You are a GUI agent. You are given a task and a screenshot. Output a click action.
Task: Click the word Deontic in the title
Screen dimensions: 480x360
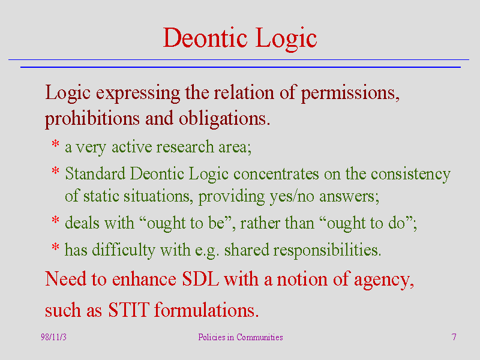pos(205,38)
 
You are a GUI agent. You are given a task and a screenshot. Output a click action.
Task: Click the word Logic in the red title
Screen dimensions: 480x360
pos(286,39)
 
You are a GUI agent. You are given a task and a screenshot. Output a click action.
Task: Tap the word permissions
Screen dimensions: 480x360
pos(350,93)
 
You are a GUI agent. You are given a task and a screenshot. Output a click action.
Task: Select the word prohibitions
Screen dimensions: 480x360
pos(92,118)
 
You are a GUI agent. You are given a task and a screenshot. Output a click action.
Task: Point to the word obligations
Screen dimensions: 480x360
pos(224,119)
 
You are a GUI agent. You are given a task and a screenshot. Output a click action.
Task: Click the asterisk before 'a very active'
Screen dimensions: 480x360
pos(55,143)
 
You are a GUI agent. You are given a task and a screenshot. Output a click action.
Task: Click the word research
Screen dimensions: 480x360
pos(185,146)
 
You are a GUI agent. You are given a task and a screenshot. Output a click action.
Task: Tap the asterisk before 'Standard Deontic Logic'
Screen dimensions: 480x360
pos(55,170)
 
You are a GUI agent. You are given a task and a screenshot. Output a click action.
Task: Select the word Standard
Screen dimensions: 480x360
pos(95,173)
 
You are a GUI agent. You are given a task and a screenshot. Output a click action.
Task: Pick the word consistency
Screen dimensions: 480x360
pos(410,175)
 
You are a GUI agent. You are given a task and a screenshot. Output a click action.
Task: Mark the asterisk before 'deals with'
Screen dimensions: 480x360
pos(55,220)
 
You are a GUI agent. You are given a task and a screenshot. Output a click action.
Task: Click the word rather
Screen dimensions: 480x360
pos(260,223)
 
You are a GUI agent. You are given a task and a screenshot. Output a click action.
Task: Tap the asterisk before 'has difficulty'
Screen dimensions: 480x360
pos(55,247)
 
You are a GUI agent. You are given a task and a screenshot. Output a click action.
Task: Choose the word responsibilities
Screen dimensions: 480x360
pos(327,251)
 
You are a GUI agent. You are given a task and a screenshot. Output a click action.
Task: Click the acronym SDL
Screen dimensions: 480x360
pos(200,279)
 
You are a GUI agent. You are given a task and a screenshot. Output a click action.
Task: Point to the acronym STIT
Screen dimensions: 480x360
pos(128,310)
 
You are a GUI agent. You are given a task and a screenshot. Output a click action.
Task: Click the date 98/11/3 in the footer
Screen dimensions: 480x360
pos(53,337)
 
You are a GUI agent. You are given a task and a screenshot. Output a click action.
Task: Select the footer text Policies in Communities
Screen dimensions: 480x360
pos(241,337)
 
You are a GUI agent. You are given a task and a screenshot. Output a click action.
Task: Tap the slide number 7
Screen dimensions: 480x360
pos(454,337)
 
